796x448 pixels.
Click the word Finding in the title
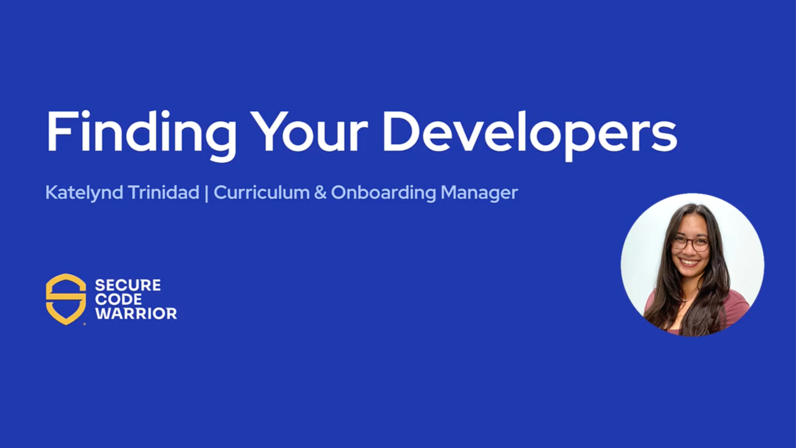141,132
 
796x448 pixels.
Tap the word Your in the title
308,132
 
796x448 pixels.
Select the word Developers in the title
529,132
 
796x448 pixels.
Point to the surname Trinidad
164,193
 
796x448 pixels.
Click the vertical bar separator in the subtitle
206,193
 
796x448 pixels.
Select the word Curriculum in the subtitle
261,193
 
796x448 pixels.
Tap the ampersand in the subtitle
320,193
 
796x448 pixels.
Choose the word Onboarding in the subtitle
383,193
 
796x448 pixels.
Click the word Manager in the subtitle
479,193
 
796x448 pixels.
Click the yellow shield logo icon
66,299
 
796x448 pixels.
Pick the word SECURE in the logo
128,285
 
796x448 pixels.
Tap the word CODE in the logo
118,299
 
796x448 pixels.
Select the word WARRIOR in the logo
136,314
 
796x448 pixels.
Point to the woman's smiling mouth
690,261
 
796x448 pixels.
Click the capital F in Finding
61,132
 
